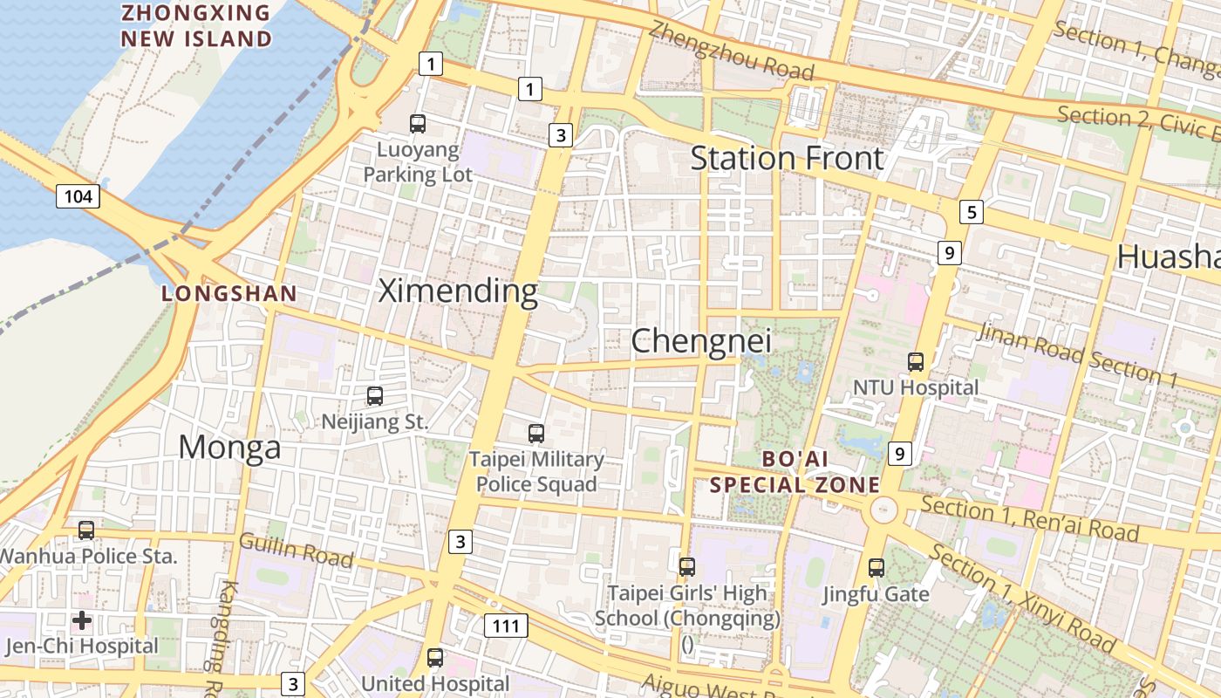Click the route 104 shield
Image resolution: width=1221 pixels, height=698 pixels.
(x=78, y=196)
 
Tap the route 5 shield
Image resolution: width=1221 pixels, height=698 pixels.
(x=971, y=212)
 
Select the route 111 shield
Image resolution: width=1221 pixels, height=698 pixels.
(x=505, y=626)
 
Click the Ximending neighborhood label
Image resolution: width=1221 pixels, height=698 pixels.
(x=458, y=291)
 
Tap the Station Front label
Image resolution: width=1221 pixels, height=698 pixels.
(x=787, y=159)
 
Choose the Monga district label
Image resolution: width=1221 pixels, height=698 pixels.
(x=229, y=448)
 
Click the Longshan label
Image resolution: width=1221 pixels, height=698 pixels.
(x=229, y=294)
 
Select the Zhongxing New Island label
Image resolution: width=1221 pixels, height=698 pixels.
(x=196, y=26)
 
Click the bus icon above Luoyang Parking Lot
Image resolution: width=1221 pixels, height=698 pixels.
(x=418, y=124)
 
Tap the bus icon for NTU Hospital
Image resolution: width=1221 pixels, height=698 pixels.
(x=916, y=361)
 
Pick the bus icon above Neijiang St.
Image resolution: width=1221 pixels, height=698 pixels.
(x=375, y=396)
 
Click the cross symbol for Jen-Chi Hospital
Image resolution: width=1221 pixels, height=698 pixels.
(x=82, y=620)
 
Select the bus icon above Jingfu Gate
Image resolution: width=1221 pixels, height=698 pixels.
(x=877, y=568)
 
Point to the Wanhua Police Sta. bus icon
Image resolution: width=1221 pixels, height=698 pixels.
(x=86, y=530)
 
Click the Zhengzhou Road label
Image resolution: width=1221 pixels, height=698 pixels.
(x=731, y=50)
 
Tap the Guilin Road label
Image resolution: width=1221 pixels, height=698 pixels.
(x=296, y=551)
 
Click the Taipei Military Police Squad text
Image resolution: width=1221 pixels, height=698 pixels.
(x=536, y=472)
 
